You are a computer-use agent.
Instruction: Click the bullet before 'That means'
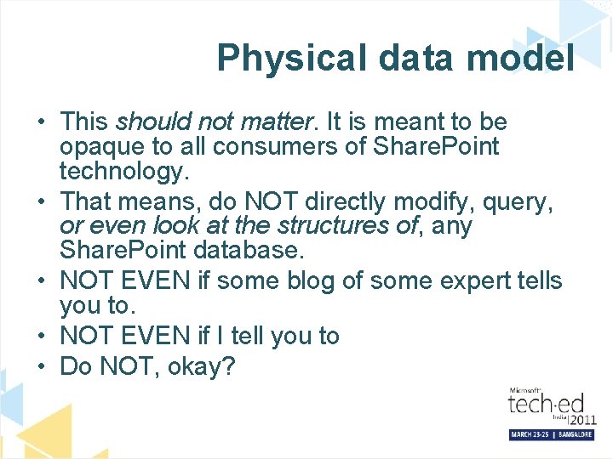[41, 203]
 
